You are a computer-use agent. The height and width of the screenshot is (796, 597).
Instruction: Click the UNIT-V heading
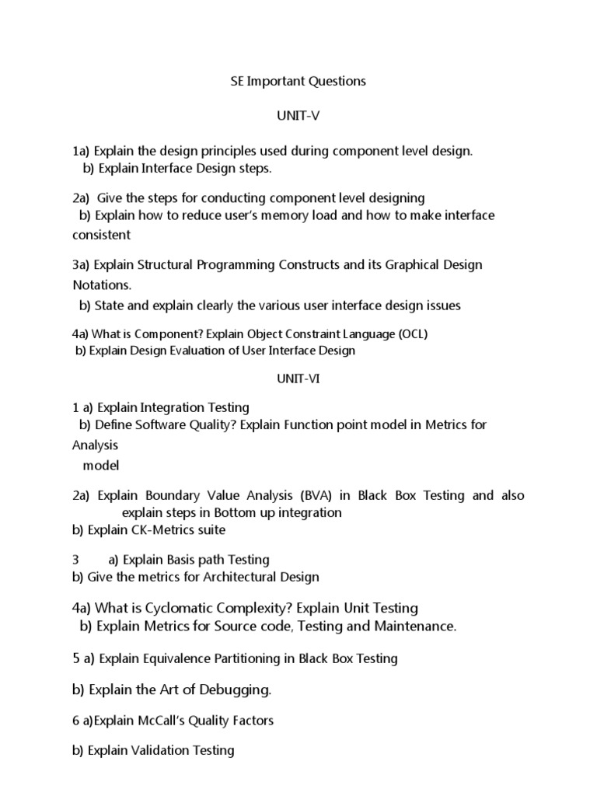pos(298,116)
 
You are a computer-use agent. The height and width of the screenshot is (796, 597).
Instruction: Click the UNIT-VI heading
pos(298,379)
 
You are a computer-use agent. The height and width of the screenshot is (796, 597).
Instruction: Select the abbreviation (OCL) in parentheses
pos(411,334)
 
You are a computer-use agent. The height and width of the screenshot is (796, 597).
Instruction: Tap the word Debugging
pos(234,689)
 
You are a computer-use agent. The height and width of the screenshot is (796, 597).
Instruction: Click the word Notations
pos(102,285)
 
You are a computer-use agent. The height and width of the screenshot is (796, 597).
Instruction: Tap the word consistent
pos(101,234)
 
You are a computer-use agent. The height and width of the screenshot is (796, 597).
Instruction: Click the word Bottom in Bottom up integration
pos(229,512)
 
